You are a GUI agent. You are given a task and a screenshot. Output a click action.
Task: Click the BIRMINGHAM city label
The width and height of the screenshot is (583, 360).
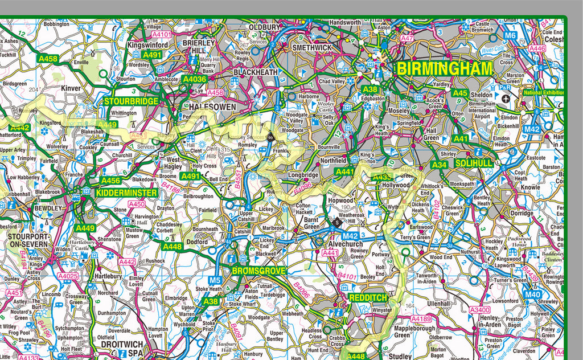pos(444,69)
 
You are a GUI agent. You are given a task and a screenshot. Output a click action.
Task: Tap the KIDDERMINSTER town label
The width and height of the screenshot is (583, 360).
pos(126,193)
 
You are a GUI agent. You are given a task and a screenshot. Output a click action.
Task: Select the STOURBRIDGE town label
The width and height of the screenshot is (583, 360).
pos(132,101)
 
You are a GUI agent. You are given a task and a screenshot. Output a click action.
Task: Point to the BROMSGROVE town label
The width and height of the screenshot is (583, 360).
pos(258,271)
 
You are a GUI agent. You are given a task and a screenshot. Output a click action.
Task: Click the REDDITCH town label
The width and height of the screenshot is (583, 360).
pos(368,298)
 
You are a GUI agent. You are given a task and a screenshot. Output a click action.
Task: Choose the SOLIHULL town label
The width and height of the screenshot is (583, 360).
pos(474,163)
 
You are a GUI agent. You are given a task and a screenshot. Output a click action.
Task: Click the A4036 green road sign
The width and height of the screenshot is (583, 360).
pos(194,80)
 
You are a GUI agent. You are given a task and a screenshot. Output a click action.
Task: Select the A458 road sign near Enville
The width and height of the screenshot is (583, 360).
pos(47,58)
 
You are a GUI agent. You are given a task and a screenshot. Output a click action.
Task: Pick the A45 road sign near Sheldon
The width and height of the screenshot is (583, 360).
pos(459,93)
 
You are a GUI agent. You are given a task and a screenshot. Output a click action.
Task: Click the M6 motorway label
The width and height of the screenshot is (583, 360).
pos(511,35)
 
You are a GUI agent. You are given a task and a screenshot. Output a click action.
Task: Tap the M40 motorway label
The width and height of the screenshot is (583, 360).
pos(532,294)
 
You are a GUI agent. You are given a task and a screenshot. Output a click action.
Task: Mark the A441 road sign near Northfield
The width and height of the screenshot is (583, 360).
pos(344,171)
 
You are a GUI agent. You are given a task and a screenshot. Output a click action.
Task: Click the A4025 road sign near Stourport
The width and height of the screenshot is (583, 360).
pos(68,276)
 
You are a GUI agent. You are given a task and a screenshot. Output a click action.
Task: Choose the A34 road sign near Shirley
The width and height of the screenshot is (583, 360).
pos(439,165)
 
